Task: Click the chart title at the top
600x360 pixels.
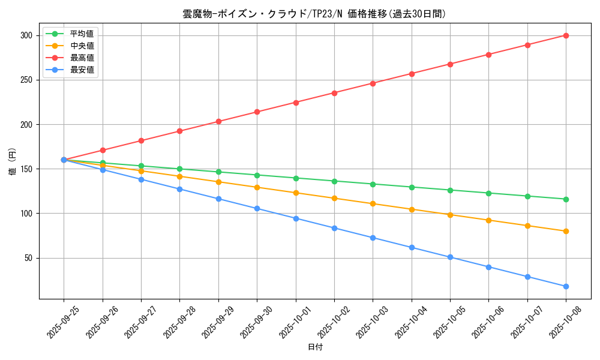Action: click(314, 14)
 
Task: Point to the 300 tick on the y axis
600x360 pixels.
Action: click(25, 35)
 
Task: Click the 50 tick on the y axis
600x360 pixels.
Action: click(28, 258)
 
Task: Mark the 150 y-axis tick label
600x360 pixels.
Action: click(25, 169)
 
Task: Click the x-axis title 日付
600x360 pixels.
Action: click(314, 347)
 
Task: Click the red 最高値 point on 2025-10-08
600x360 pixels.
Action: click(566, 35)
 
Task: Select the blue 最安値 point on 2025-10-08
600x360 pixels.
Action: click(566, 286)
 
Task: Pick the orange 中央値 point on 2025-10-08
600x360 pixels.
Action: click(566, 231)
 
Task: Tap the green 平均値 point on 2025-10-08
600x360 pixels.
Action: click(566, 199)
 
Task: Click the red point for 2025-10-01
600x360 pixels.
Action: click(296, 103)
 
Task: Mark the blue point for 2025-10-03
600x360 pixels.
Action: click(373, 238)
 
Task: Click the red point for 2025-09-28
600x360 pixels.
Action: click(179, 131)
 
